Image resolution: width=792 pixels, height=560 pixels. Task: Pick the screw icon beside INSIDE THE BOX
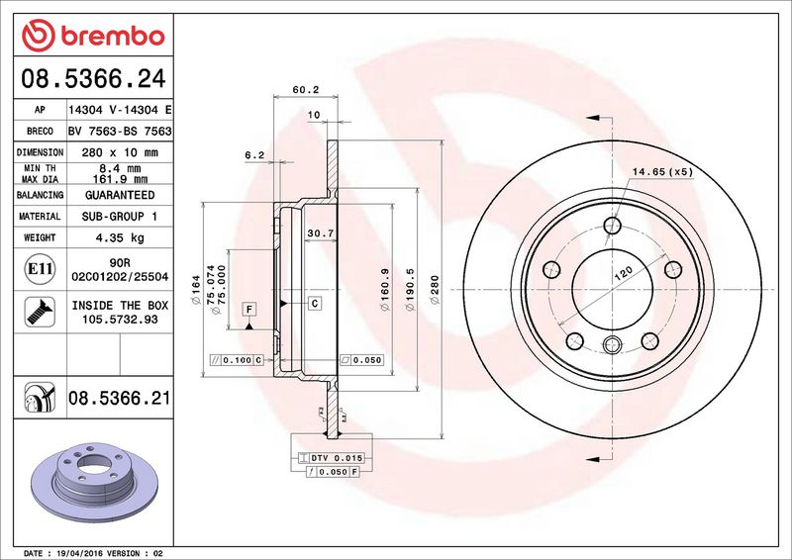[34, 313]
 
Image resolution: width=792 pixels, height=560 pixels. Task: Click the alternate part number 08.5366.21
[119, 399]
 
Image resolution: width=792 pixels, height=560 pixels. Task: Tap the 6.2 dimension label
[253, 154]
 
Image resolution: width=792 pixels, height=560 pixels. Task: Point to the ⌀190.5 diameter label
[408, 293]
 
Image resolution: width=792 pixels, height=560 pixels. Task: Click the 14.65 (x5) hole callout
[663, 171]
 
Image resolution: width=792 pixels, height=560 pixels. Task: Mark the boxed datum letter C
[314, 303]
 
